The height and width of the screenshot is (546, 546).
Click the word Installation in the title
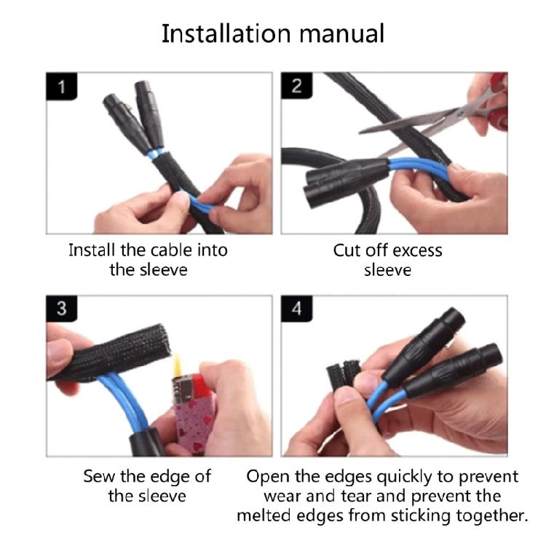[226, 33]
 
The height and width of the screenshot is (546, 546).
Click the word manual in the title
[342, 33]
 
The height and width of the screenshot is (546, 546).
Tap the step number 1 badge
[61, 86]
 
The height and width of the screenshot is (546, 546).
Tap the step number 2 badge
[296, 86]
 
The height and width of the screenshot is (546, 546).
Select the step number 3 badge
[61, 309]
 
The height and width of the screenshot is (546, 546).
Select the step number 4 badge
[296, 309]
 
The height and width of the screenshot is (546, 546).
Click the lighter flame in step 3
[178, 365]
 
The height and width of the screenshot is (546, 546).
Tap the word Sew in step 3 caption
[99, 476]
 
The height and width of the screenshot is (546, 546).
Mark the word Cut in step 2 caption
[347, 250]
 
